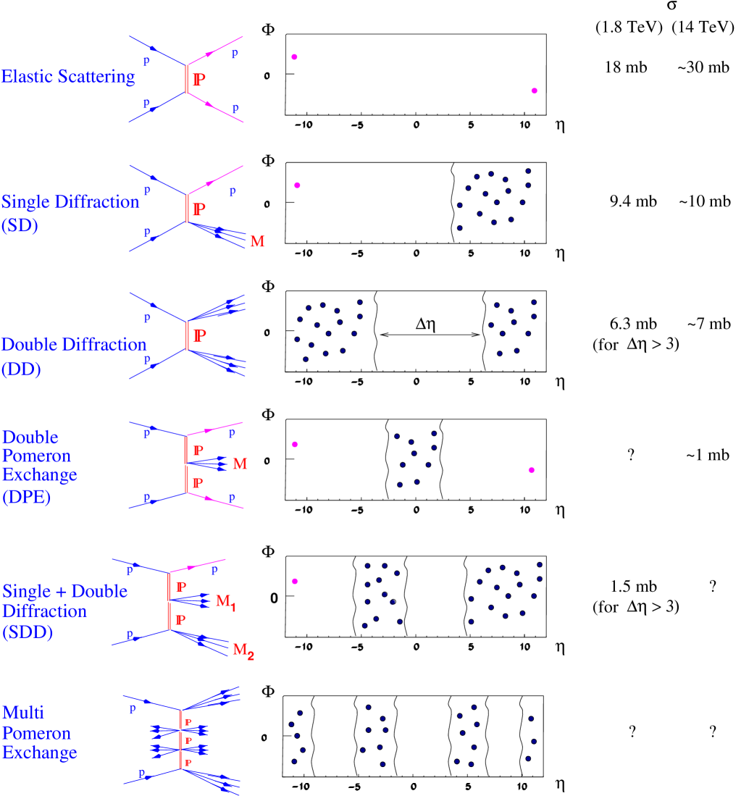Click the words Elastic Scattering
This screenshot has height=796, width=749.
[68, 77]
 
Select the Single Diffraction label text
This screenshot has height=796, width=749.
[70, 202]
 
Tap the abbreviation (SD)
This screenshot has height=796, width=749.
[20, 226]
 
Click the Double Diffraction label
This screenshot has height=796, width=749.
[74, 345]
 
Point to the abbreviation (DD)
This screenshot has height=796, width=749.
[21, 369]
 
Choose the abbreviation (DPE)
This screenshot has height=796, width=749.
[26, 498]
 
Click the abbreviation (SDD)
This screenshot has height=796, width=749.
[28, 632]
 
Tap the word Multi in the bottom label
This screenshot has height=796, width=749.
[23, 713]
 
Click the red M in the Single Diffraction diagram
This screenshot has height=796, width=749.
[257, 242]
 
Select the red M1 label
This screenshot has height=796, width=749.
[226, 601]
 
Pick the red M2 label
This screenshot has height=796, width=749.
[243, 650]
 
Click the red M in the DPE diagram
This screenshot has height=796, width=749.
[240, 464]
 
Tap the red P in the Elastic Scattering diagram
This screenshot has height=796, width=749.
[199, 80]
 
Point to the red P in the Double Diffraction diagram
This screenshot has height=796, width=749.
[200, 335]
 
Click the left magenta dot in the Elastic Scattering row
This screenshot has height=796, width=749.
[295, 56]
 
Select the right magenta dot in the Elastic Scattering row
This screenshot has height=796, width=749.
[535, 91]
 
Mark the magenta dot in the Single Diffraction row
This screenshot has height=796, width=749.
[297, 185]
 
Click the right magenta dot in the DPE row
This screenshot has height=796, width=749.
[531, 470]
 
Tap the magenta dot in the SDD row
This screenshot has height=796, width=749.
[295, 581]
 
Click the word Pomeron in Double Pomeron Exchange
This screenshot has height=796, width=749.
[36, 456]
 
